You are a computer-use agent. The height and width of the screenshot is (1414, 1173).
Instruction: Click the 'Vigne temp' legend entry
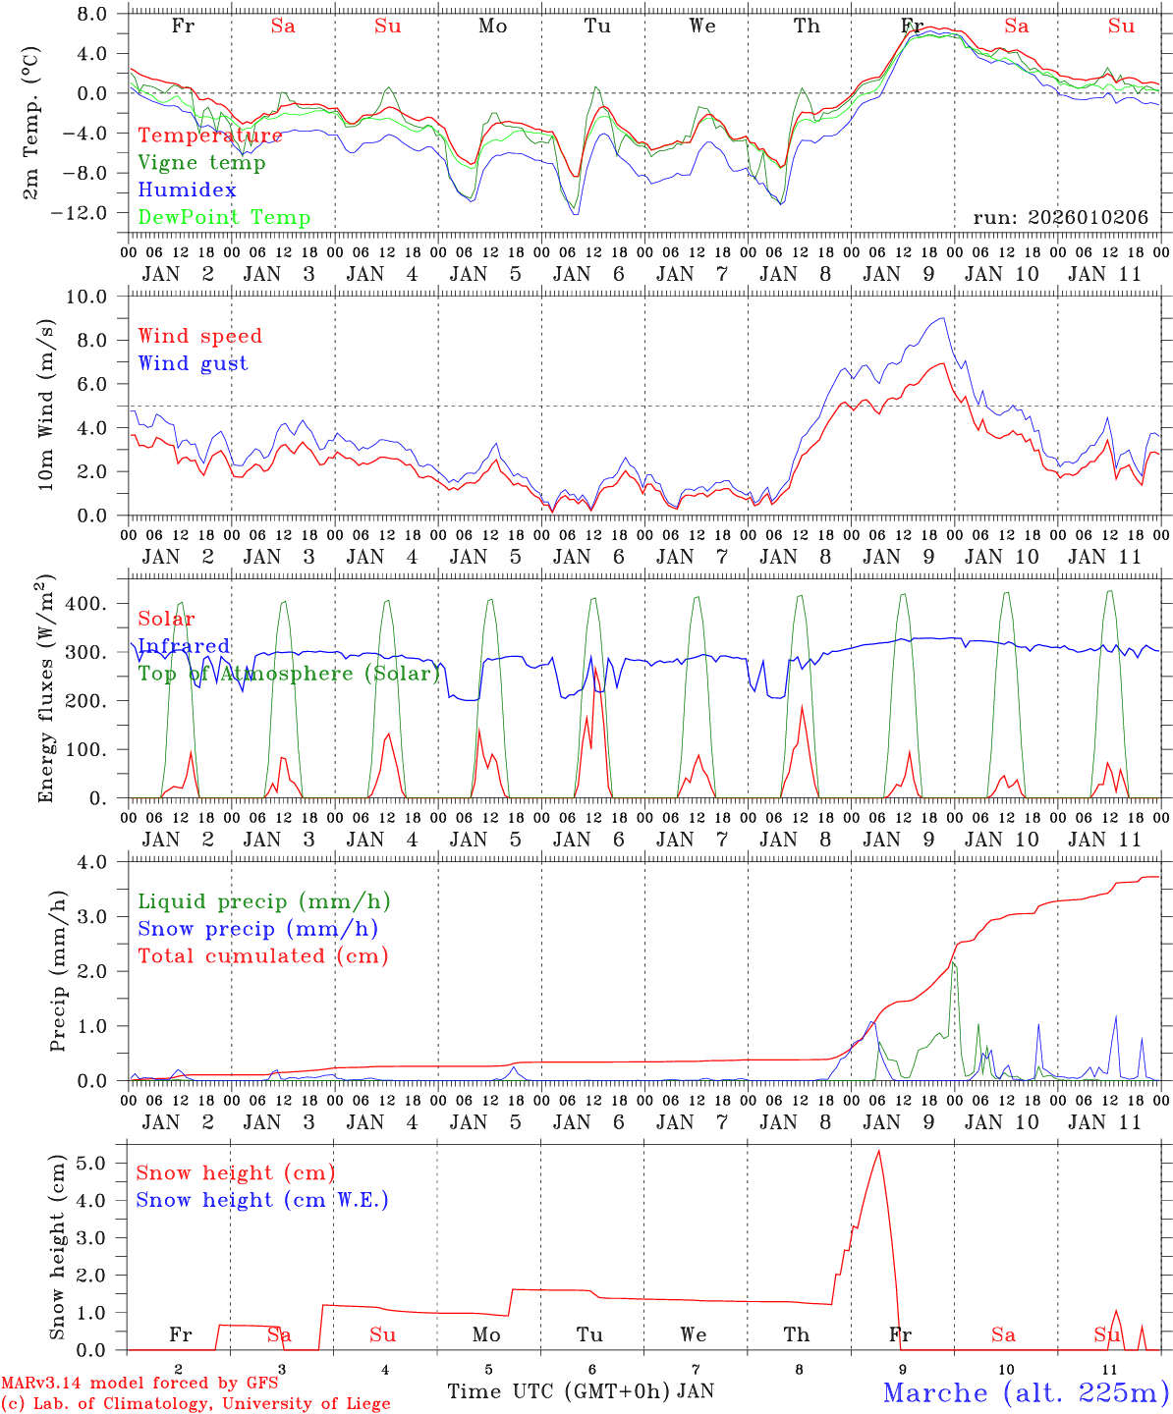tap(201, 163)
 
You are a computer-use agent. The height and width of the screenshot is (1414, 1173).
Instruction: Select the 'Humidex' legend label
tap(187, 190)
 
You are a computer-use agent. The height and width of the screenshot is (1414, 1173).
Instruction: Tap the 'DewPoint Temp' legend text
tap(224, 218)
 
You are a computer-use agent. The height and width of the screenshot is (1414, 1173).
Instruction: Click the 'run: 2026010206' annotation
tap(1060, 217)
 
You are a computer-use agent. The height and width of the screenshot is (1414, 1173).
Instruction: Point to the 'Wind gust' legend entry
tap(193, 363)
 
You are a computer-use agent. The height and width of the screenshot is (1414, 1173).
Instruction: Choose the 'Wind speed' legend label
tap(199, 336)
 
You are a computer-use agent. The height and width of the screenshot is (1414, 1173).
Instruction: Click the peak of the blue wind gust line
tap(943, 318)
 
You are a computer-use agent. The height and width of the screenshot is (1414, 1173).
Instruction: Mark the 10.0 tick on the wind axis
tap(97, 297)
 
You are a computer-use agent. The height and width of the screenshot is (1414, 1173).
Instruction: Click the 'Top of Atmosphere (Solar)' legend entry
tap(289, 674)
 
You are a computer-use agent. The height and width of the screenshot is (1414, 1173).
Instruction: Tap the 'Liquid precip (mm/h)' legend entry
tap(263, 901)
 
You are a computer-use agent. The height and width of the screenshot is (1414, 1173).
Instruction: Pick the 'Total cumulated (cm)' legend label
tap(262, 956)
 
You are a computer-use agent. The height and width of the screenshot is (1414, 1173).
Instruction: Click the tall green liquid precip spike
tap(953, 964)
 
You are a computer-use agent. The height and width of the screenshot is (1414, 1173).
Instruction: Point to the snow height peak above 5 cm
tap(878, 1151)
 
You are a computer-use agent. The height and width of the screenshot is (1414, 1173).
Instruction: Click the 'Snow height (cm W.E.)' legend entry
tap(261, 1200)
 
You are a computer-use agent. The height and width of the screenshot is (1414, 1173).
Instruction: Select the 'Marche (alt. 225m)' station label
tap(1026, 1392)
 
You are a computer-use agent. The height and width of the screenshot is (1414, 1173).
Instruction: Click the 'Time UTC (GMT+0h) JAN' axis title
tap(580, 1391)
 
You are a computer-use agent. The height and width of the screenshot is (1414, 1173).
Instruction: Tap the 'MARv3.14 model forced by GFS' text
tap(139, 1384)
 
